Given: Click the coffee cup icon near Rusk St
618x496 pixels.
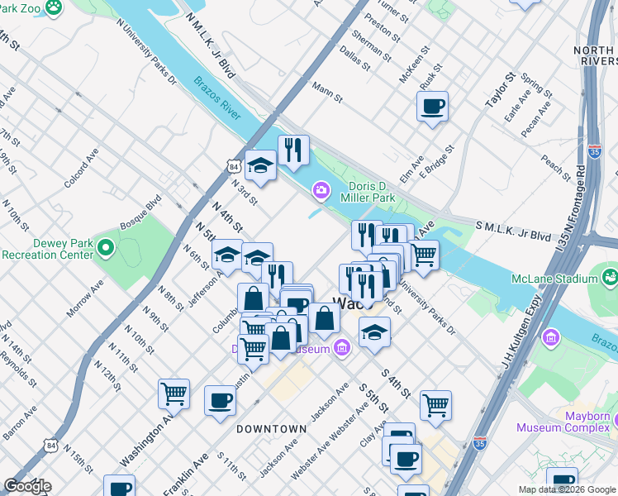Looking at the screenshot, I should tap(432, 107).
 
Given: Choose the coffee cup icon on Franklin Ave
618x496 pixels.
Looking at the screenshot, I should tap(220, 401).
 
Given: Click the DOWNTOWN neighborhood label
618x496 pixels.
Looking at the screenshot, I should tap(271, 429).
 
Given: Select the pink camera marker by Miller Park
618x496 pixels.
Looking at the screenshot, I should tap(321, 192).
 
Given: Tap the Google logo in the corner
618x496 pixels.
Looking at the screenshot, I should tap(27, 486).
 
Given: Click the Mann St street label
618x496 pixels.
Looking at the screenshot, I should tap(327, 91).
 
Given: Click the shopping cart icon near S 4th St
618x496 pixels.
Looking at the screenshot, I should tap(435, 405).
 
